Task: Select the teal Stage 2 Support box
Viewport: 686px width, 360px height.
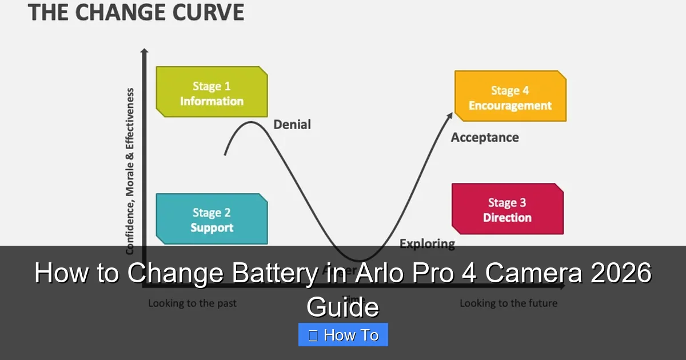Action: coord(212,219)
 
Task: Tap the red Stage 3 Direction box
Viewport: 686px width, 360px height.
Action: coord(507,209)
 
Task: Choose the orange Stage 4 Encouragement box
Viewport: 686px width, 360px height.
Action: coord(510,97)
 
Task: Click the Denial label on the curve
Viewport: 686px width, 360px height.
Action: coord(292,125)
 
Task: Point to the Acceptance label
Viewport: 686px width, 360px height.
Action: coord(485,138)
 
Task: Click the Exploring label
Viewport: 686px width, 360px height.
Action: coord(427,244)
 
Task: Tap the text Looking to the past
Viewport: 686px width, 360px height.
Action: coord(192,303)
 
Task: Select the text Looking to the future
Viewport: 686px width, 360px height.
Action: coord(508,303)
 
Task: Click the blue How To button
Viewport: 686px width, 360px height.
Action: coord(343,335)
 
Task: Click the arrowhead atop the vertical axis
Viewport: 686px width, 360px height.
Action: coord(144,53)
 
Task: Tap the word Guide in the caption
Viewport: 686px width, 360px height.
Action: coord(342,307)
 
